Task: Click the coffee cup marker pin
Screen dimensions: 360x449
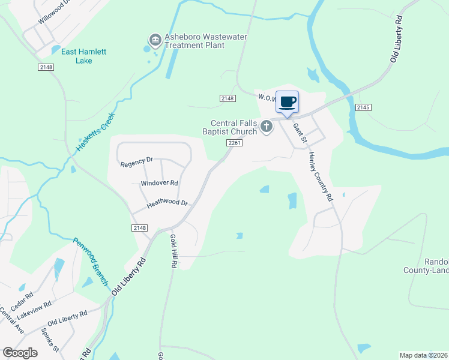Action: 288,102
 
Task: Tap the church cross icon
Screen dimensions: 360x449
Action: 267,127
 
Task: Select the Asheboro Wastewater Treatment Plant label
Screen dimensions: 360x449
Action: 197,41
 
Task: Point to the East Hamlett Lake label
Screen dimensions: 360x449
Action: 84,56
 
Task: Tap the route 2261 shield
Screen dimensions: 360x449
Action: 235,143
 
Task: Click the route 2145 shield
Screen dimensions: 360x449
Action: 363,107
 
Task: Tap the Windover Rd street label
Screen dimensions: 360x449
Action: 159,182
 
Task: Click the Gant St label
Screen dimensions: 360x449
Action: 300,133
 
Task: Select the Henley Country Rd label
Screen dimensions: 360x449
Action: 321,176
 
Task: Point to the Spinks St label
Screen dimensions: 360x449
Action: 50,339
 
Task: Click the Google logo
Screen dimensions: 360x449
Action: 20,353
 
